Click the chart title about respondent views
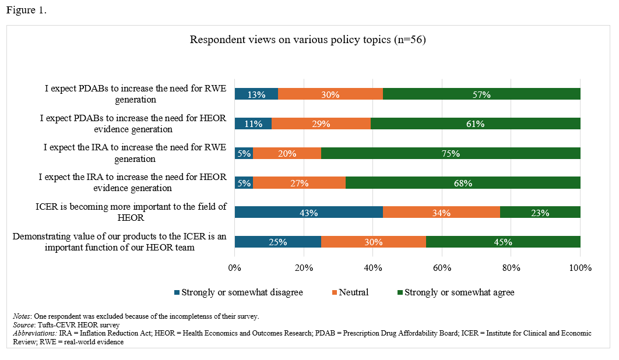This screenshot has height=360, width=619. (309, 40)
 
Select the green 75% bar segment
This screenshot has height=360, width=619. (451, 153)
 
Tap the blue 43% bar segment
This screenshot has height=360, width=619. (308, 213)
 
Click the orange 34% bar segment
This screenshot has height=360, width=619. (441, 213)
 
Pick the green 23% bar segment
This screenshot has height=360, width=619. (540, 213)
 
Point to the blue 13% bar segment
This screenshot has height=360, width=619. (256, 94)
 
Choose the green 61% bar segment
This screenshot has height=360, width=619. (475, 123)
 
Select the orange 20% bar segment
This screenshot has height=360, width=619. (287, 153)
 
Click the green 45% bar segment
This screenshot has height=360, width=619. (503, 242)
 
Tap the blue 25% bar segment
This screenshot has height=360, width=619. (277, 242)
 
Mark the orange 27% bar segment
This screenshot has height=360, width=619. (299, 183)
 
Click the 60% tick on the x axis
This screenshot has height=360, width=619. (442, 268)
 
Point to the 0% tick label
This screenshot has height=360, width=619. (234, 268)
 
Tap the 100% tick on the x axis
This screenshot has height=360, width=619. (579, 268)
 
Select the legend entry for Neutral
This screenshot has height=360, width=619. (349, 292)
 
